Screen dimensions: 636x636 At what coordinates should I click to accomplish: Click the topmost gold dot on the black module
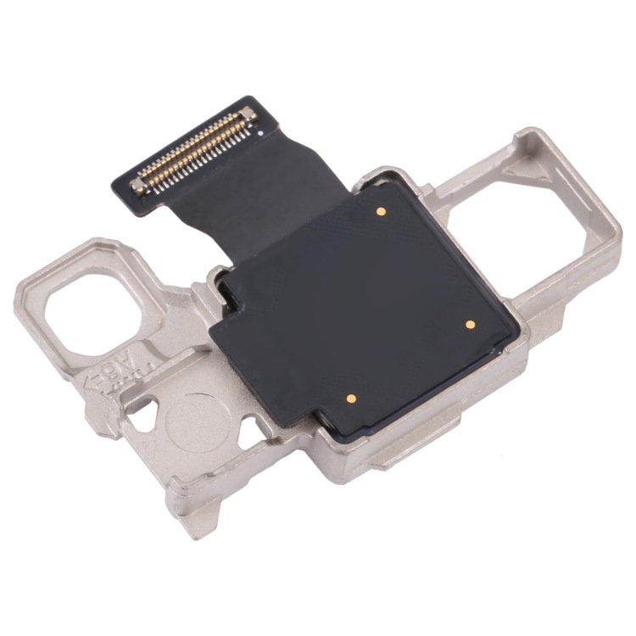pos(381,210)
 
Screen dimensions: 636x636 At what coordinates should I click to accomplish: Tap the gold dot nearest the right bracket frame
pos(469,323)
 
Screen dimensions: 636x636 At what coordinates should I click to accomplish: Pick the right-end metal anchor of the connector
pos(247,114)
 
